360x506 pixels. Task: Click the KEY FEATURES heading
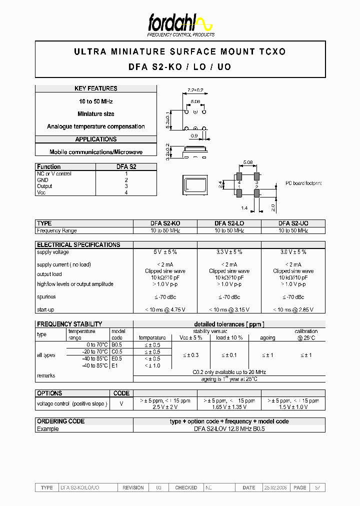click(x=96, y=88)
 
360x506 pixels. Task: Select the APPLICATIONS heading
click(x=96, y=139)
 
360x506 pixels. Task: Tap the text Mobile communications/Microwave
click(x=96, y=152)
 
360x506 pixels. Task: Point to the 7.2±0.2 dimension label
click(x=195, y=90)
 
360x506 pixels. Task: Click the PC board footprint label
click(x=303, y=183)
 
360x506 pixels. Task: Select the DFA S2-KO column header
click(x=165, y=223)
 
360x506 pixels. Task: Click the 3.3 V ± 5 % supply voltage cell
click(x=229, y=252)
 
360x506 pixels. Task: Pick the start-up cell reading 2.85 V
click(x=293, y=309)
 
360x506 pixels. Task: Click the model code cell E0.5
click(x=117, y=358)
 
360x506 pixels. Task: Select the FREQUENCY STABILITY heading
click(x=69, y=324)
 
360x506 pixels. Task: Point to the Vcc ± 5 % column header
click(x=190, y=337)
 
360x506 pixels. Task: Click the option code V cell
click(x=121, y=403)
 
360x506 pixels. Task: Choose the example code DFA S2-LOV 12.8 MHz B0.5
click(x=229, y=429)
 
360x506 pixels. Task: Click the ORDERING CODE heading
click(x=61, y=421)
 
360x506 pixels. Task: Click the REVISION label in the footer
click(x=133, y=487)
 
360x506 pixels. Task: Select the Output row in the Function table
click(x=44, y=186)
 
